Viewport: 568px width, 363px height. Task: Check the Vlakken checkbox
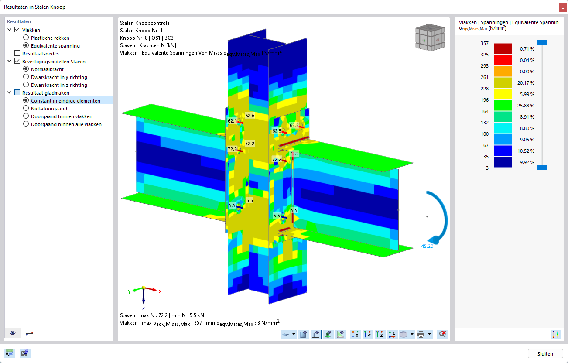(17, 30)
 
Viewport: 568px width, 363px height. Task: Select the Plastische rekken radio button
(26, 38)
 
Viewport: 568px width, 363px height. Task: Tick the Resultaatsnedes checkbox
(17, 53)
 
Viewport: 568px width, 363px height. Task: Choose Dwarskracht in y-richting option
(26, 77)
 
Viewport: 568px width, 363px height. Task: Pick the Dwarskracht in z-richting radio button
(26, 85)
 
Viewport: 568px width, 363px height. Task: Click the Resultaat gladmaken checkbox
(17, 92)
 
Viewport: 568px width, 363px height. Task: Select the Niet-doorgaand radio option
(26, 108)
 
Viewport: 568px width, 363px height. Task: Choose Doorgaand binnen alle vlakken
(26, 124)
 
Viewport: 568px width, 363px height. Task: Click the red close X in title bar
(563, 7)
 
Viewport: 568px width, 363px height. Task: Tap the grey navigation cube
(430, 37)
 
